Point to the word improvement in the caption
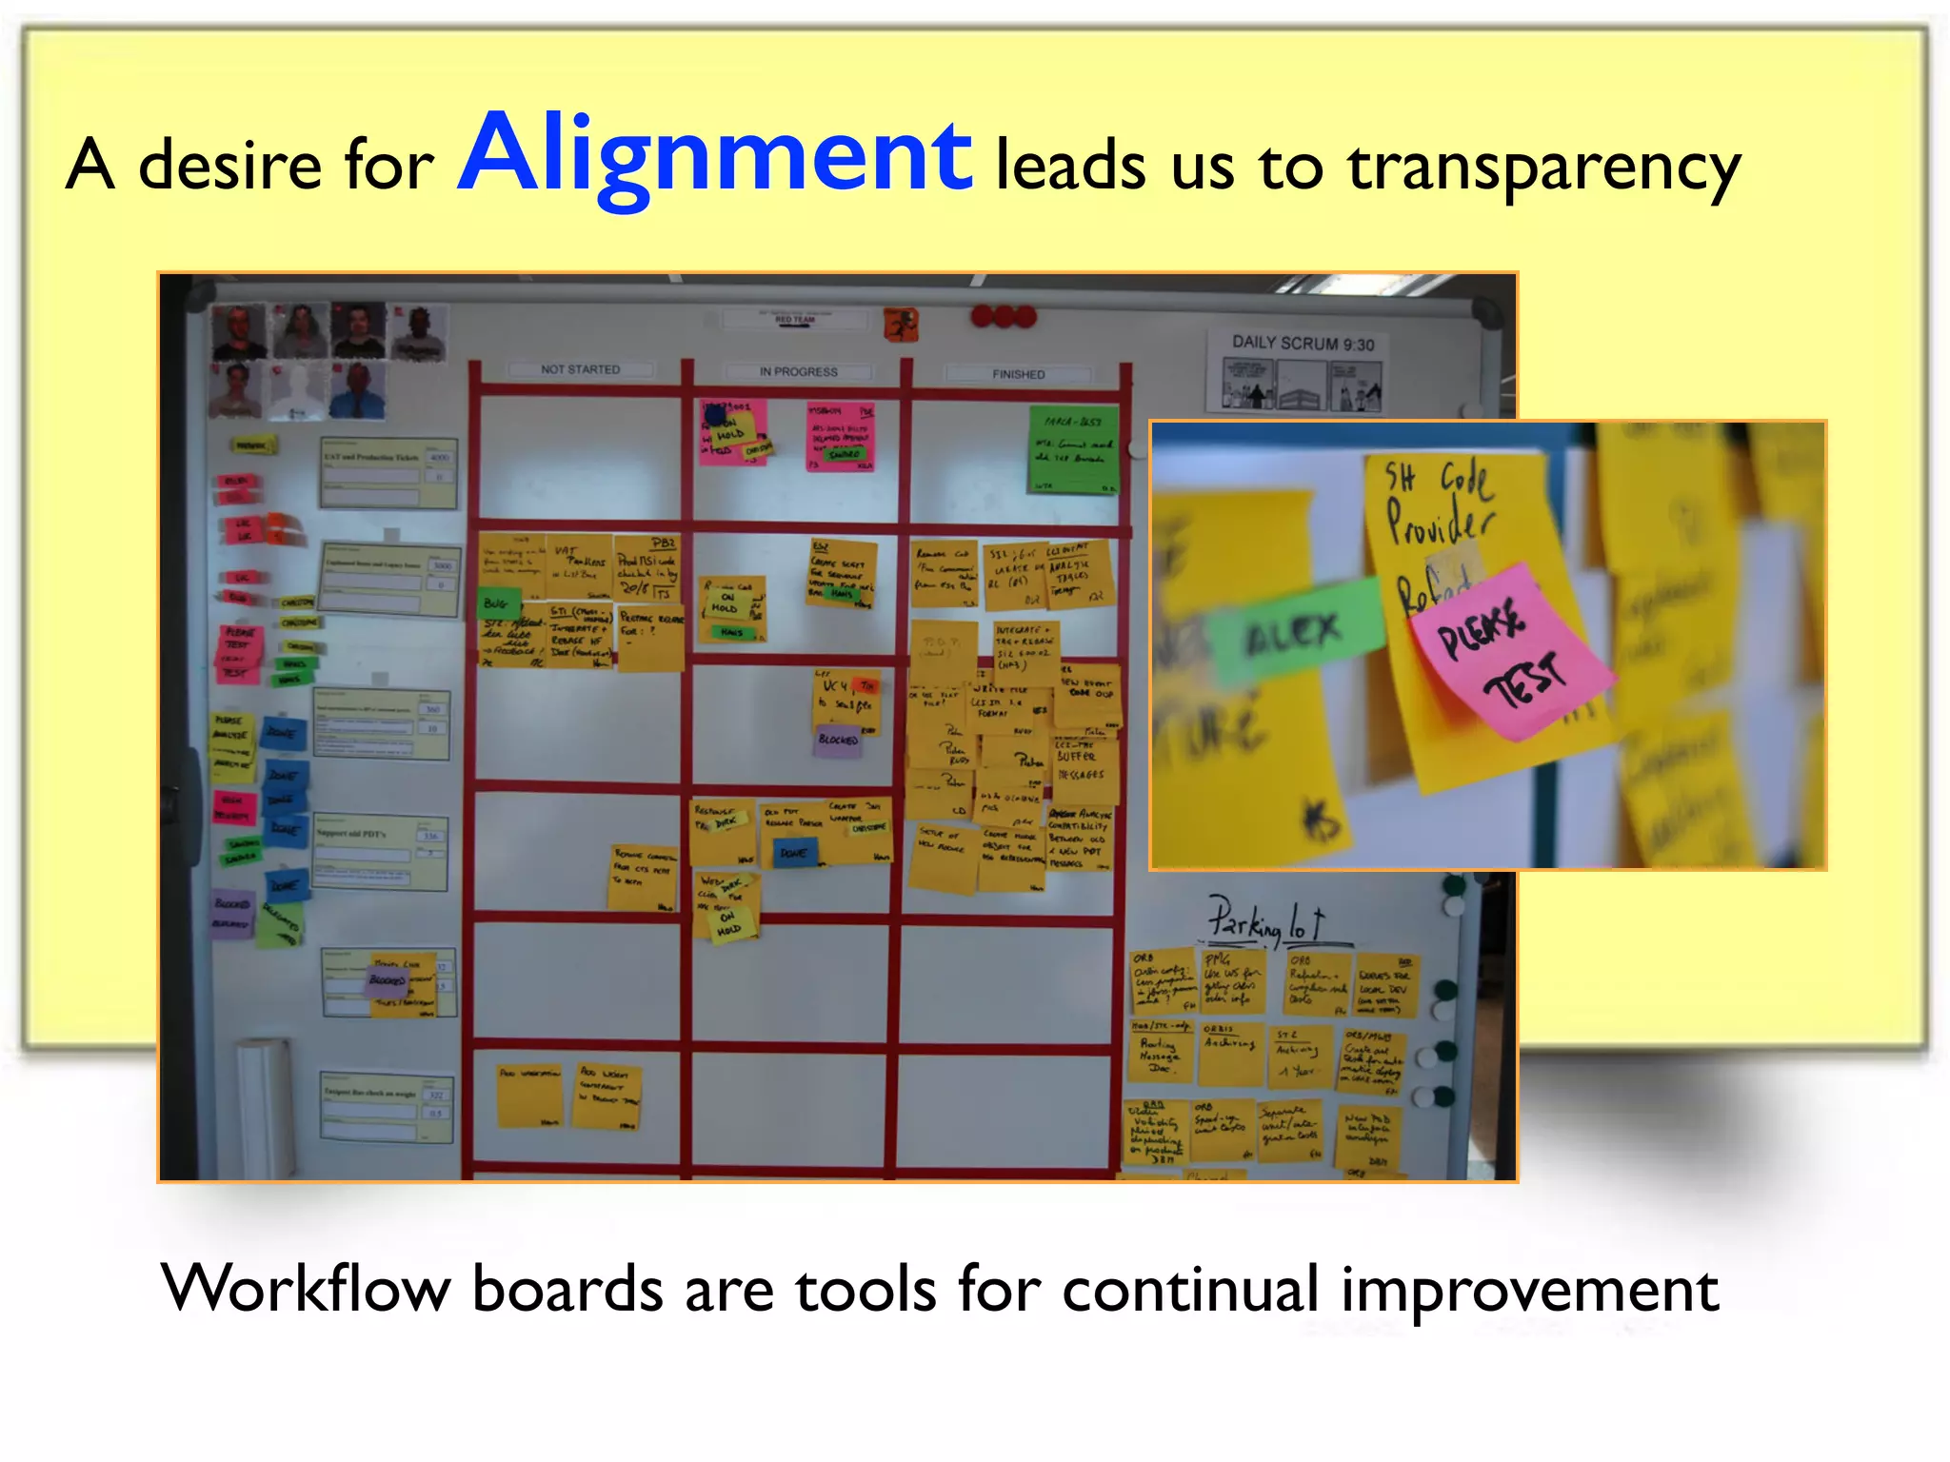pyautogui.click(x=1529, y=1291)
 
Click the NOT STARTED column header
pyautogui.click(x=580, y=369)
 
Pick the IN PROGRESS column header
pyautogui.click(x=798, y=372)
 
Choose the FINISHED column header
pyautogui.click(x=1018, y=374)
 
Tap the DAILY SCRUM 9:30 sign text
pyautogui.click(x=1303, y=344)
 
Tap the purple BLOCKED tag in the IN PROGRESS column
pyautogui.click(x=838, y=740)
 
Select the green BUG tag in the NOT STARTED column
pyautogui.click(x=496, y=603)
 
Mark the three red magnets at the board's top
pyautogui.click(x=1003, y=316)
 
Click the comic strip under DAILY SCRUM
pyautogui.click(x=1301, y=385)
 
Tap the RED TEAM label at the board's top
pyautogui.click(x=795, y=320)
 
